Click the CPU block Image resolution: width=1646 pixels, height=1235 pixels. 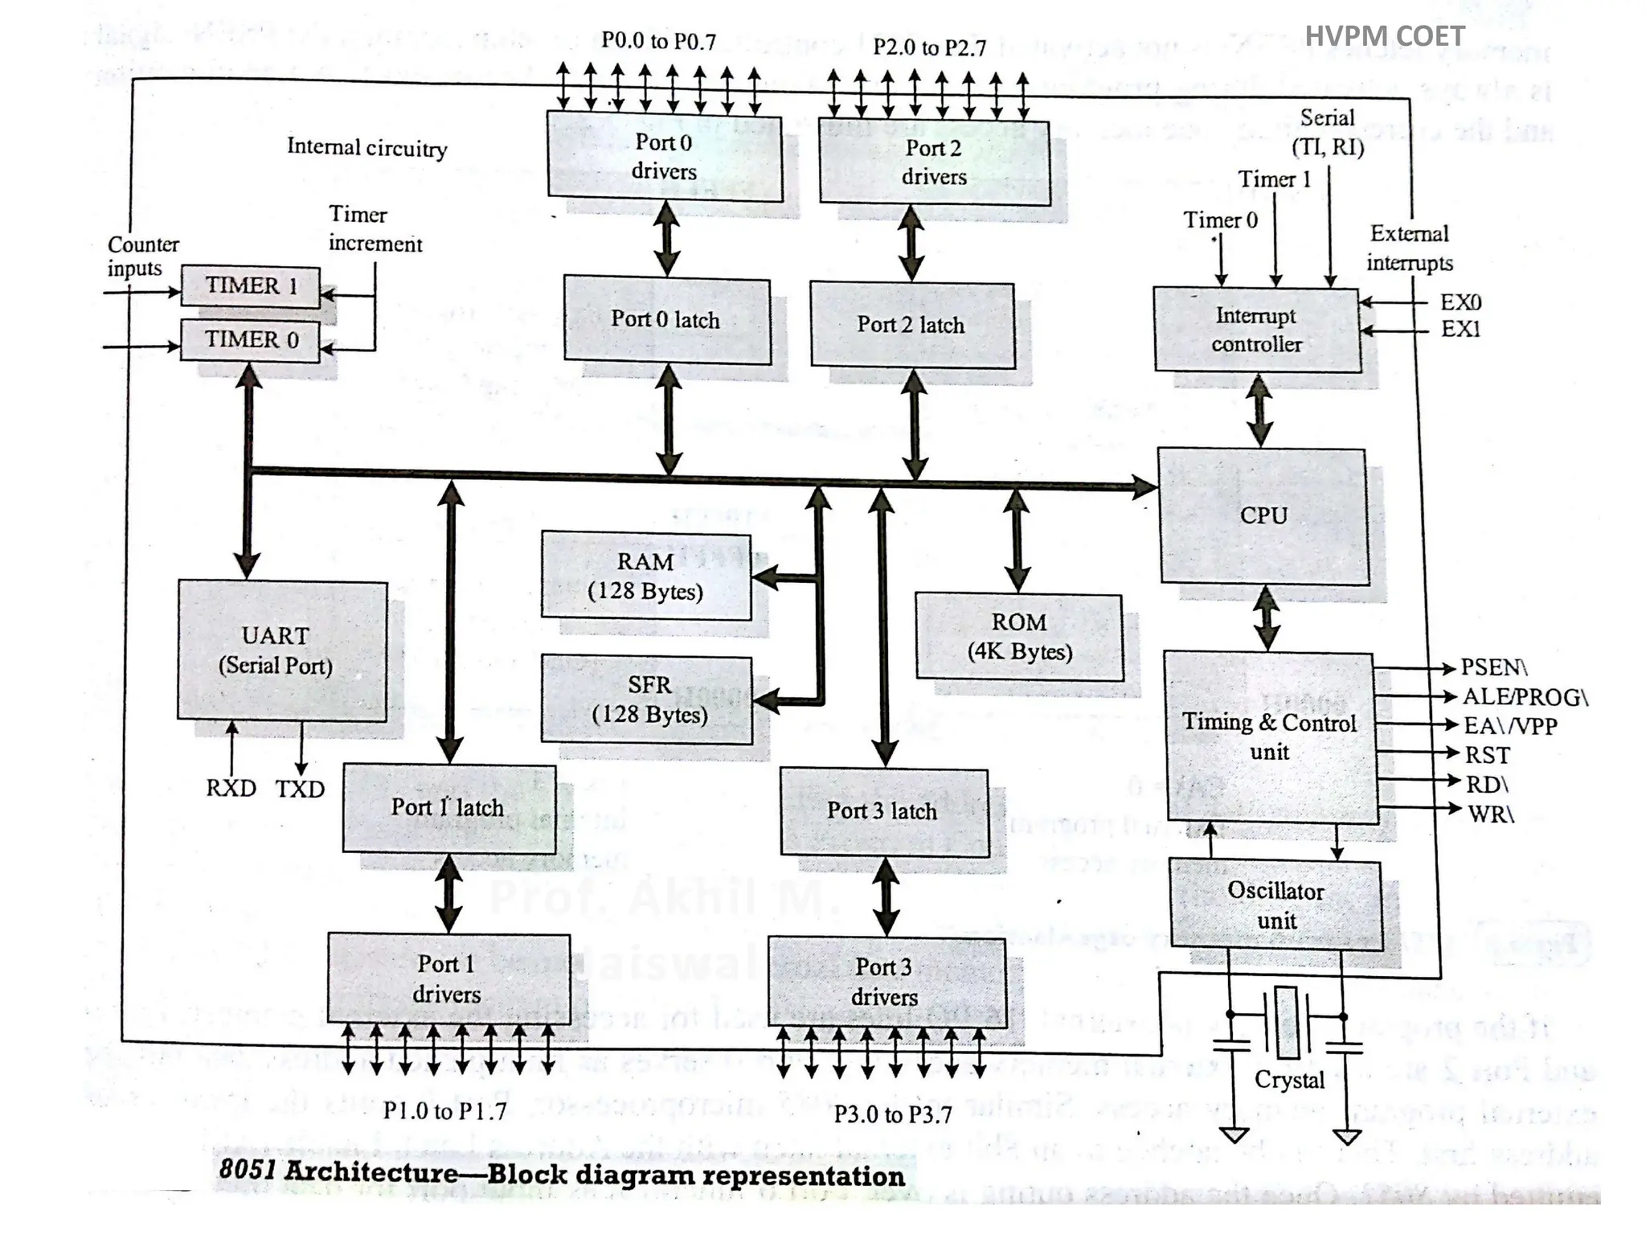coord(1263,516)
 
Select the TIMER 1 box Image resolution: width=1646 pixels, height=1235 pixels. coord(251,285)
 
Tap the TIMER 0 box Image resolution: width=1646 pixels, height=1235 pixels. coord(251,339)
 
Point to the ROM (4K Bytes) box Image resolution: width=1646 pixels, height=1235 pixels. coord(1018,637)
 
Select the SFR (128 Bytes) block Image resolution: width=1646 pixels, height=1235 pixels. coord(648,700)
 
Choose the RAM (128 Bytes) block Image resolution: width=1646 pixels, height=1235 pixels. coord(645,576)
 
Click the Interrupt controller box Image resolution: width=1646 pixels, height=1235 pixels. coord(1256,330)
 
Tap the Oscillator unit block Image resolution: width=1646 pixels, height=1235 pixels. coord(1275,905)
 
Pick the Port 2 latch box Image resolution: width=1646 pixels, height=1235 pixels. coord(911,325)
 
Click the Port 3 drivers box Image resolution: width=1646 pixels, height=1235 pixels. coord(886,981)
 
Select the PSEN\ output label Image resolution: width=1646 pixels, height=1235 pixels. coord(1493,667)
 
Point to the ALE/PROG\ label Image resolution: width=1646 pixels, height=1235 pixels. coord(1525,696)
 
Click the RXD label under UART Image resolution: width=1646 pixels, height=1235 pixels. coord(231,788)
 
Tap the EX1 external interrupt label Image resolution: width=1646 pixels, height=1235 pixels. coord(1460,329)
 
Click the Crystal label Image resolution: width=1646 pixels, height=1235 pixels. coord(1289,1080)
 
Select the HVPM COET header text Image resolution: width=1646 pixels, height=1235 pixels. coord(1384,36)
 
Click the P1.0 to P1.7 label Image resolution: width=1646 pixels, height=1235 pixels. coord(444,1111)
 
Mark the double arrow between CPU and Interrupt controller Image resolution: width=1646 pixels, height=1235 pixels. coord(1259,410)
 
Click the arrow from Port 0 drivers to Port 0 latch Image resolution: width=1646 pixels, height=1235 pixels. coord(666,238)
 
